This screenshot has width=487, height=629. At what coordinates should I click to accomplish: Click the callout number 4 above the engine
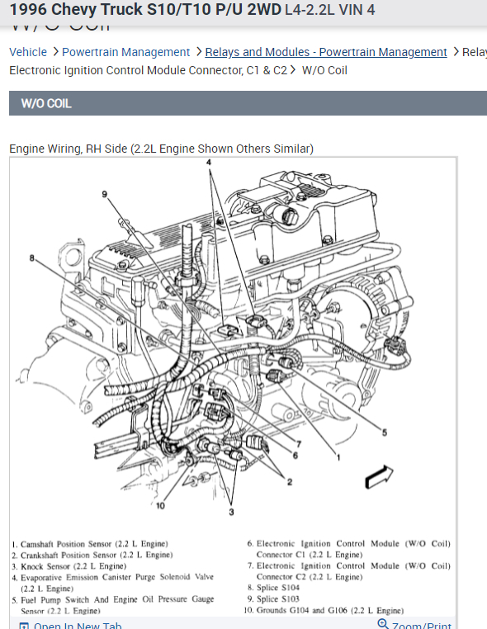point(209,163)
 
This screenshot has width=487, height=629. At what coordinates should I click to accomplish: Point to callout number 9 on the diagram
point(105,194)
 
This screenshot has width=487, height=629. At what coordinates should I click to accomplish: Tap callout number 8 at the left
point(32,258)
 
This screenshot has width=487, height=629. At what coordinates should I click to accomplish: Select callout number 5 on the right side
point(384,432)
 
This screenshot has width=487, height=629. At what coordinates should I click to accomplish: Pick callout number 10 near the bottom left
point(160,505)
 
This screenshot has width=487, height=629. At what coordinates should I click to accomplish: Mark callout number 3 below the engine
point(231,513)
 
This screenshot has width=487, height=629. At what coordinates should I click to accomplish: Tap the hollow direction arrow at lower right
point(378,477)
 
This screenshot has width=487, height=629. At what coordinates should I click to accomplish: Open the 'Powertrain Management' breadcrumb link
point(125,52)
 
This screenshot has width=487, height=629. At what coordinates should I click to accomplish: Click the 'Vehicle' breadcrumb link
point(28,52)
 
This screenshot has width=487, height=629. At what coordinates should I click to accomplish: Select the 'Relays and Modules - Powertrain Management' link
point(326,52)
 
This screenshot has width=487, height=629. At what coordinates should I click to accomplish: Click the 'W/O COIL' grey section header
point(46,104)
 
